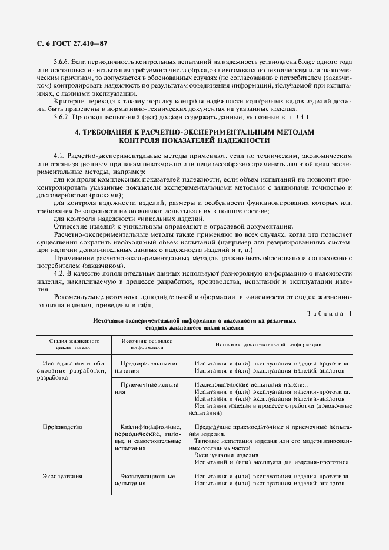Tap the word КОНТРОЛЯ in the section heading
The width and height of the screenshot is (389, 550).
[x=144, y=141]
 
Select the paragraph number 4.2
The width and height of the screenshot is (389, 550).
[x=60, y=274]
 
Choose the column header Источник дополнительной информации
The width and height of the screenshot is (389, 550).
[x=267, y=344]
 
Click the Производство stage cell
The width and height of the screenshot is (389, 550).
[x=62, y=426]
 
